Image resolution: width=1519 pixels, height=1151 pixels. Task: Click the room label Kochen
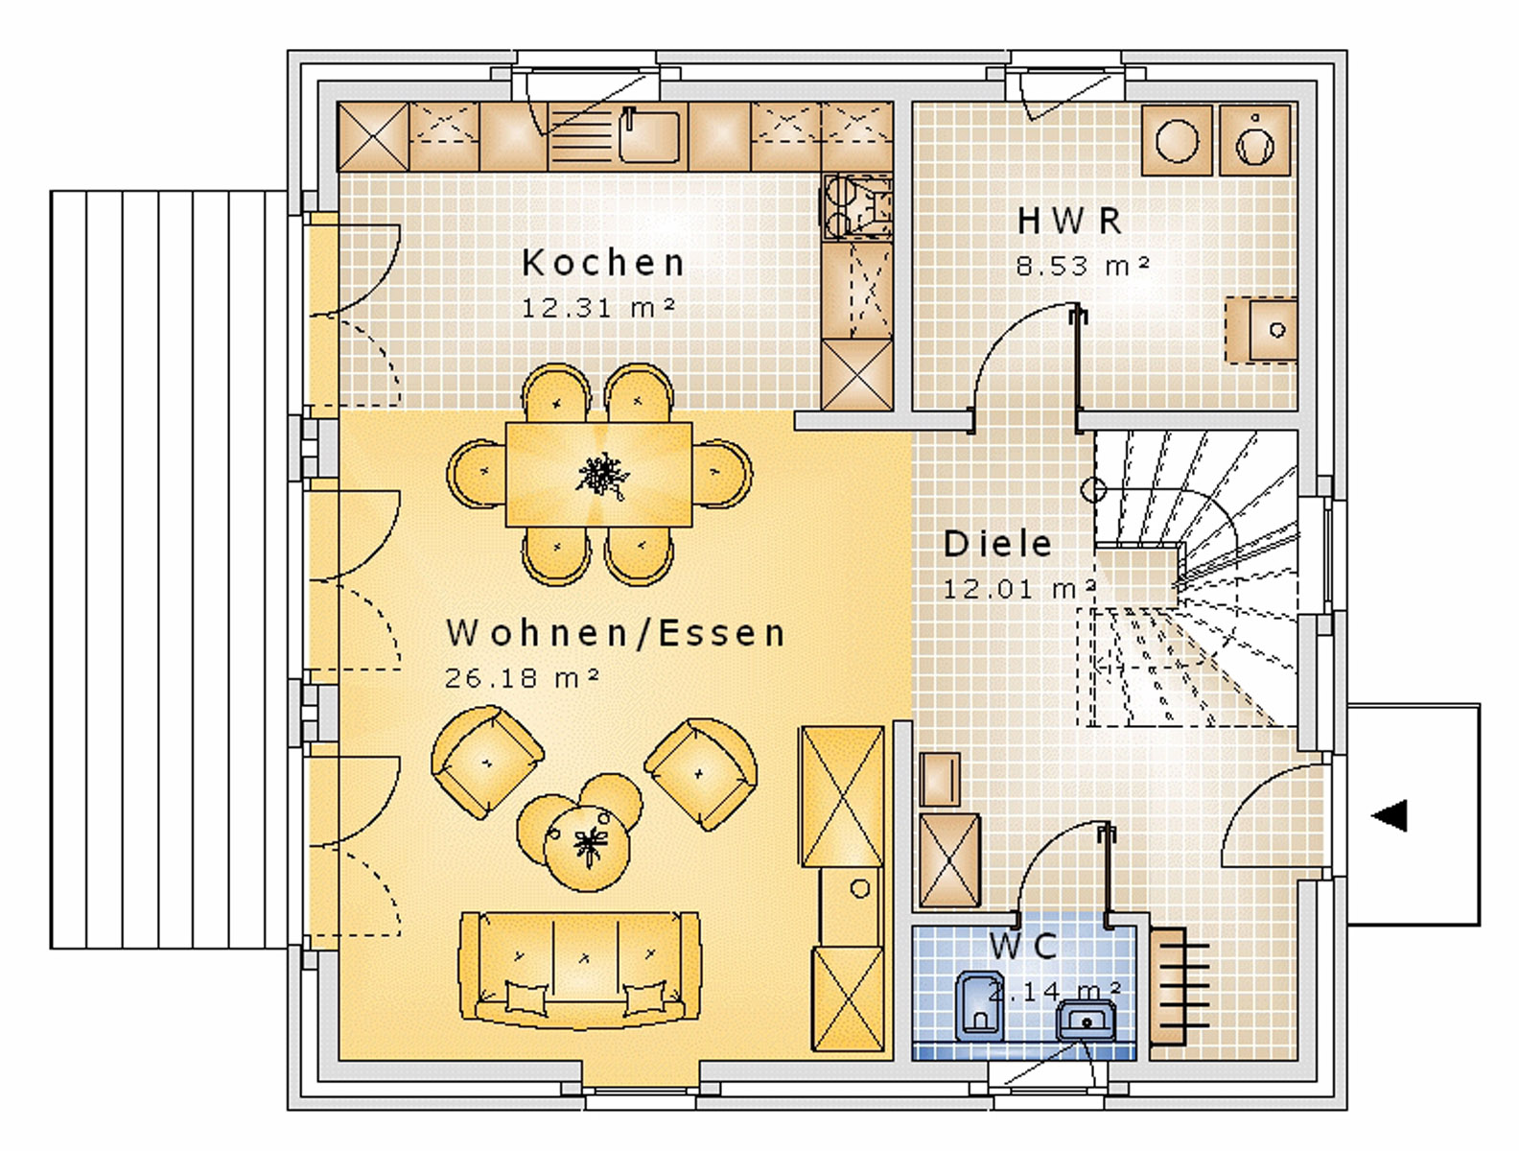click(603, 263)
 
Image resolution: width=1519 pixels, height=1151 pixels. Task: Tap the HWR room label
click(1070, 221)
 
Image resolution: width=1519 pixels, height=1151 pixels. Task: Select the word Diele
click(997, 544)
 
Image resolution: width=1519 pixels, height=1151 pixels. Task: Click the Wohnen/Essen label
click(616, 633)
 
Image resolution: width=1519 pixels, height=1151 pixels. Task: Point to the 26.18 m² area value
click(522, 677)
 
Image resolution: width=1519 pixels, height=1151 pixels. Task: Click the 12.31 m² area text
click(597, 307)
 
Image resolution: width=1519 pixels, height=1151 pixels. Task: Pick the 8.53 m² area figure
click(1083, 266)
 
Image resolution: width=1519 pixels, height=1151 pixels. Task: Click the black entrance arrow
click(1389, 815)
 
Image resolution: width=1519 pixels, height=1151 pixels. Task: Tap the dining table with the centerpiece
click(599, 474)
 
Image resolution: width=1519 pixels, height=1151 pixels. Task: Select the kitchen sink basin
click(648, 137)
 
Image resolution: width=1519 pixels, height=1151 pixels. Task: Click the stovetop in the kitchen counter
click(856, 206)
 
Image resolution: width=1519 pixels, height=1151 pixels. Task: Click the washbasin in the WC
click(1086, 1022)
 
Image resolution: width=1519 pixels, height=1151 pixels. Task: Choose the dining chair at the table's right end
click(722, 474)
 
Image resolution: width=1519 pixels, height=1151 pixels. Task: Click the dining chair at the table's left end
click(477, 474)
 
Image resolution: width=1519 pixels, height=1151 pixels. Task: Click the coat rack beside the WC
click(1180, 986)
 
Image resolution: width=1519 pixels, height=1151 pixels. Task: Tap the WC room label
click(1023, 947)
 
